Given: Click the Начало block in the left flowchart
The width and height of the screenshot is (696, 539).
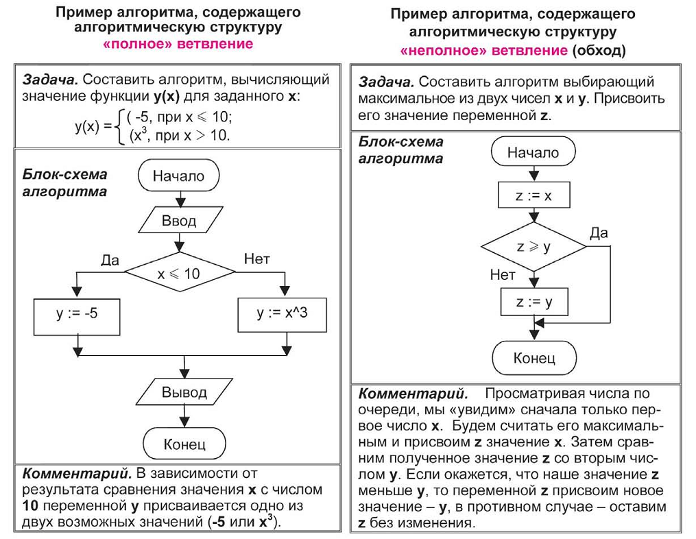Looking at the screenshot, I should coord(178,176).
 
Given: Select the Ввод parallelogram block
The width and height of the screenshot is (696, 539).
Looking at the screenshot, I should coord(178,221).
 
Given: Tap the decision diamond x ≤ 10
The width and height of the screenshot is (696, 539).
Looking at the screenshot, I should coord(178,274).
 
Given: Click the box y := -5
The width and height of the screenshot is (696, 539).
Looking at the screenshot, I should coord(77,313).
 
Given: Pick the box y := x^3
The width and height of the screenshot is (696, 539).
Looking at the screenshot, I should coord(282,313).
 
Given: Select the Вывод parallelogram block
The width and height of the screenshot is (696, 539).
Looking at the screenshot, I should coord(184,392).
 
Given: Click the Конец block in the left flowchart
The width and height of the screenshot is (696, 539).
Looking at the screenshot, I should coord(184,444).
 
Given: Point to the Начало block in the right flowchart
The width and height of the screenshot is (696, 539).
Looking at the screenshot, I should coord(533,153).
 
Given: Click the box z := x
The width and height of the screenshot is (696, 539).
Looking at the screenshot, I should coord(533,196).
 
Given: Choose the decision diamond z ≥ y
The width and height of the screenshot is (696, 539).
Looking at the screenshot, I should coord(533,246).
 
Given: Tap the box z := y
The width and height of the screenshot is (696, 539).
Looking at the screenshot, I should coord(533,302).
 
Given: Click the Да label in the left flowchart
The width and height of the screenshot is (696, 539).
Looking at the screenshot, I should coord(110,260).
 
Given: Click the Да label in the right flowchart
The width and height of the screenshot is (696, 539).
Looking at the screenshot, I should coord(599,233).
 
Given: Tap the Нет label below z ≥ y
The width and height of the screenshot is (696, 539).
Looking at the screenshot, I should coord(502,274).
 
